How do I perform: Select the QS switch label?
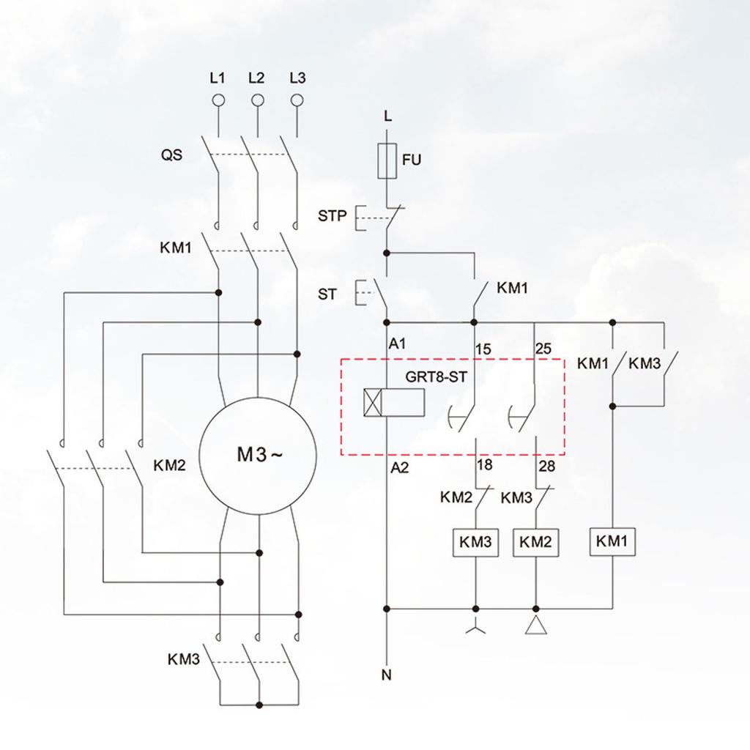[x=172, y=155]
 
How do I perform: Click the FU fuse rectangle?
[x=387, y=161]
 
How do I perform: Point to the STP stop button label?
[x=332, y=217]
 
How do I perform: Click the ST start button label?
[x=327, y=294]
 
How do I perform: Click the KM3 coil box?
[x=475, y=543]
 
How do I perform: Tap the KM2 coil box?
[x=535, y=543]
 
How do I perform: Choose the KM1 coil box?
[x=612, y=542]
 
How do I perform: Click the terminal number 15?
[x=483, y=349]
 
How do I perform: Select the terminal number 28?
[x=546, y=466]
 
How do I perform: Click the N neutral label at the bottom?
[x=386, y=675]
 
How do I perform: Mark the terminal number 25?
[x=544, y=349]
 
